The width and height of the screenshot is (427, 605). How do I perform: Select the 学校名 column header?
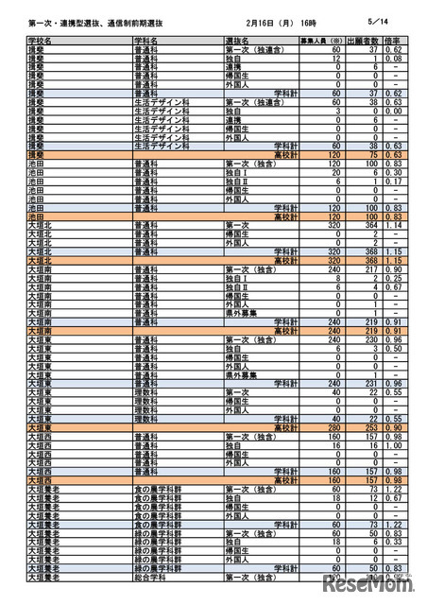(x=42, y=43)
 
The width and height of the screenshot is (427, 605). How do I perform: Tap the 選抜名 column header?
(x=238, y=43)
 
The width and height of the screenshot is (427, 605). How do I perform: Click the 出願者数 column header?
(x=364, y=43)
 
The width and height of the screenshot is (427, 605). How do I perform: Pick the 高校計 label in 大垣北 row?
(x=285, y=260)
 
